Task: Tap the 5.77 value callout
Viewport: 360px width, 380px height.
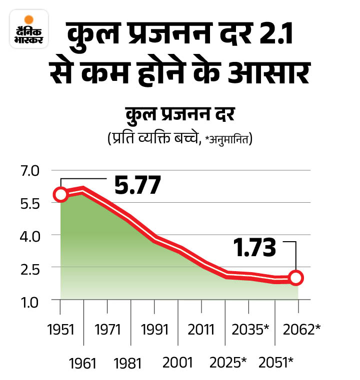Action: coord(137,185)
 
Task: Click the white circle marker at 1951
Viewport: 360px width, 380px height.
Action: coord(60,195)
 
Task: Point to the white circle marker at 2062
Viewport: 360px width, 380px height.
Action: coord(296,278)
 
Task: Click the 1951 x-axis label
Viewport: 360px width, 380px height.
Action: coord(60,330)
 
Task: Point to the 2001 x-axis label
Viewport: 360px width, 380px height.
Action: coord(178,362)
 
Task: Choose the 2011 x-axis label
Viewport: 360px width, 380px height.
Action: coord(201,330)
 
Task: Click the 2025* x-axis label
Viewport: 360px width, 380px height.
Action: coord(228,362)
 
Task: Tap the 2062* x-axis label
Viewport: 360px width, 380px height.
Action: coord(301,330)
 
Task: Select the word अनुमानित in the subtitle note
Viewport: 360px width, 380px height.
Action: coord(231,139)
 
